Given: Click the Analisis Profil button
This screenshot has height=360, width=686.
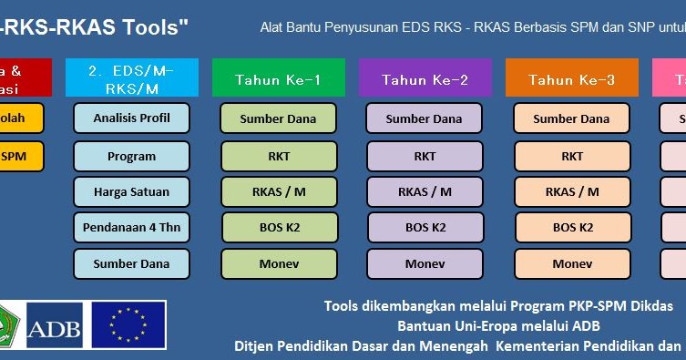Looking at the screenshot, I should pyautogui.click(x=131, y=118).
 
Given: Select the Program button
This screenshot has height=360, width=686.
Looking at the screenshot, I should pyautogui.click(x=131, y=156).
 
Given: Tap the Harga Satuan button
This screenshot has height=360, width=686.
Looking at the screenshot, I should pyautogui.click(x=131, y=192).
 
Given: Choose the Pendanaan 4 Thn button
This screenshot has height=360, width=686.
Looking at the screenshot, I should pyautogui.click(x=131, y=228).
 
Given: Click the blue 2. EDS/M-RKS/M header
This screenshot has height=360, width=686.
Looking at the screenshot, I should pyautogui.click(x=131, y=77).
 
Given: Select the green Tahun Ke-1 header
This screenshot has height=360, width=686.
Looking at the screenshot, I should pyautogui.click(x=278, y=79).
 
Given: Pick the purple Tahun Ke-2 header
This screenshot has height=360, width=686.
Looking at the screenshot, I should pyautogui.click(x=425, y=79).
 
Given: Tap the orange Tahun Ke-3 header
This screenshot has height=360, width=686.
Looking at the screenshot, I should pyautogui.click(x=571, y=79).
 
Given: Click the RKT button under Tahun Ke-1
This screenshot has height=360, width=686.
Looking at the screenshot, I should pyautogui.click(x=279, y=156).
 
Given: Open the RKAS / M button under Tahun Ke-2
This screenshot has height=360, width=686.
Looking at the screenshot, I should pyautogui.click(x=425, y=191).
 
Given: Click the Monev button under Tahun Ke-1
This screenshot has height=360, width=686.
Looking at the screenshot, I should pyautogui.click(x=279, y=263).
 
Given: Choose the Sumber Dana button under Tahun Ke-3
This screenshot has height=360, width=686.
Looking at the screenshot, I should pyautogui.click(x=571, y=118).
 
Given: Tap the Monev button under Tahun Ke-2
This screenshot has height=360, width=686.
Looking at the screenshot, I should pyautogui.click(x=425, y=263).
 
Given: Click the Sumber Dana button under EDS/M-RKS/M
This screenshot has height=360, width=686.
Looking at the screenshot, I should pyautogui.click(x=131, y=263).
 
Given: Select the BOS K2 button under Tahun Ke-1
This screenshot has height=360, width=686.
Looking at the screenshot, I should pyautogui.click(x=279, y=227).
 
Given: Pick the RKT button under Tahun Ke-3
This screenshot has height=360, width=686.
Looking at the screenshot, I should pyautogui.click(x=572, y=156).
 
